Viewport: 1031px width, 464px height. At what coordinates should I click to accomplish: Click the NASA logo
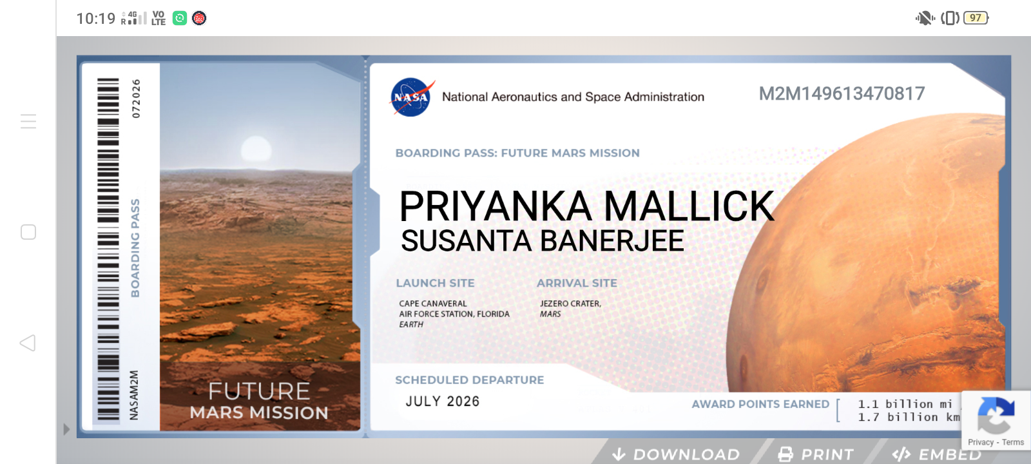412,97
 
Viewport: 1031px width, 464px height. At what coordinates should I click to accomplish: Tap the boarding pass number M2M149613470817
842,94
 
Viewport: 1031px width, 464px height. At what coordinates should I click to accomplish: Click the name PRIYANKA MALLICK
587,206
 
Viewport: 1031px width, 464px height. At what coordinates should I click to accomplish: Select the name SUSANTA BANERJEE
543,241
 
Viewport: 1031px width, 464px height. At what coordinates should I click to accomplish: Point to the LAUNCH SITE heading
436,283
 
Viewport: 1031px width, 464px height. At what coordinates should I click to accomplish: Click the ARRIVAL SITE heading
577,283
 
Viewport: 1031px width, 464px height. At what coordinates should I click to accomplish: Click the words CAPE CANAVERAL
433,304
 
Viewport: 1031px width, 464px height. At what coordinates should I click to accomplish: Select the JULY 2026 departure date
443,401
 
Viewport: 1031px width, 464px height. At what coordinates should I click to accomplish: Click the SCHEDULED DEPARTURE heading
470,380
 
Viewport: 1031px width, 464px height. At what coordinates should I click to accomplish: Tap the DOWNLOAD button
677,454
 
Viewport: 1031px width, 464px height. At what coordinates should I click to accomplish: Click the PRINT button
816,454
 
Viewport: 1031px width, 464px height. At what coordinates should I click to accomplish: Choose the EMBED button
937,454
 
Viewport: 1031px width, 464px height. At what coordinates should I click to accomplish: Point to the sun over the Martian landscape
256,149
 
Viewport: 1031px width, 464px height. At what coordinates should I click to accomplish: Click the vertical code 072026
136,99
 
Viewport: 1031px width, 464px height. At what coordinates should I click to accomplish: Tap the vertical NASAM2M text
134,396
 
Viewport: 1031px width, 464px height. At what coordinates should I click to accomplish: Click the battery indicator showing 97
976,18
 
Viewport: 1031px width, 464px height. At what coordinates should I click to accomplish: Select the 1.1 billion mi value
905,404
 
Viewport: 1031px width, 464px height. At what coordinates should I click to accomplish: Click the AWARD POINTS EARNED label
760,404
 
